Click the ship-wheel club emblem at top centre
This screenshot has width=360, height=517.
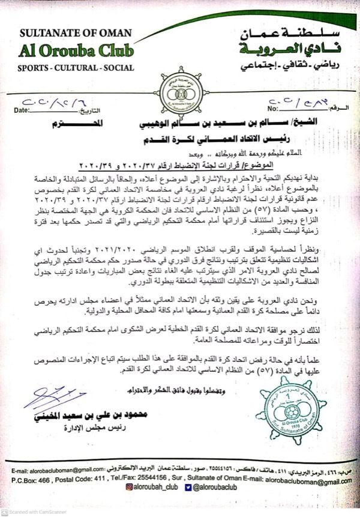click(180, 91)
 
